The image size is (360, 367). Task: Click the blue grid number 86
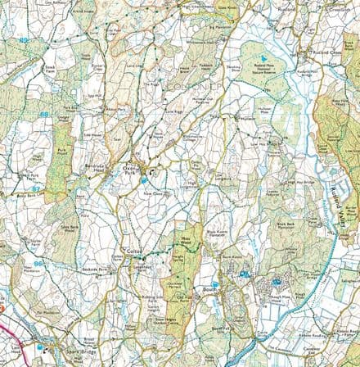click(x=38, y=263)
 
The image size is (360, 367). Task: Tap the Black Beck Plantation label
click(x=287, y=226)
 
